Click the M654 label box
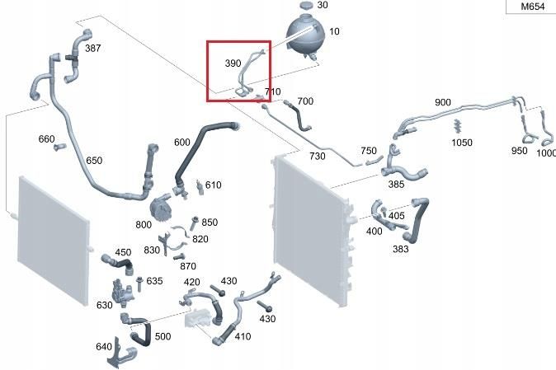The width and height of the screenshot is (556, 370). [531, 7]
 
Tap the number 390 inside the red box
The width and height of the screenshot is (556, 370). [233, 63]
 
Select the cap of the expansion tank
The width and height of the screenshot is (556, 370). [305, 6]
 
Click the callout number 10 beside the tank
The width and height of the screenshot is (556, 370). [334, 31]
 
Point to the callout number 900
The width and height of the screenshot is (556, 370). [443, 102]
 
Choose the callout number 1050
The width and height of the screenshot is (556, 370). [462, 143]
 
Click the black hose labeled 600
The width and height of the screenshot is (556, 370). [207, 132]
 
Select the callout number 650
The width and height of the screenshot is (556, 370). [94, 161]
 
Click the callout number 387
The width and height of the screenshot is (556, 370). [93, 49]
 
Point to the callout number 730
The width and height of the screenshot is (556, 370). [317, 157]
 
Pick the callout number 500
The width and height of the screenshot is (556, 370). [163, 336]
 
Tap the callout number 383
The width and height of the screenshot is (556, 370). [400, 249]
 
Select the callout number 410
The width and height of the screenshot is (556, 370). [243, 336]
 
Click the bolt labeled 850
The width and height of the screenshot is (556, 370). [194, 220]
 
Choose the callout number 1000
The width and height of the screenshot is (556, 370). [546, 153]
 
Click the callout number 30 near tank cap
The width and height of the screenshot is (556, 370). [322, 5]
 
